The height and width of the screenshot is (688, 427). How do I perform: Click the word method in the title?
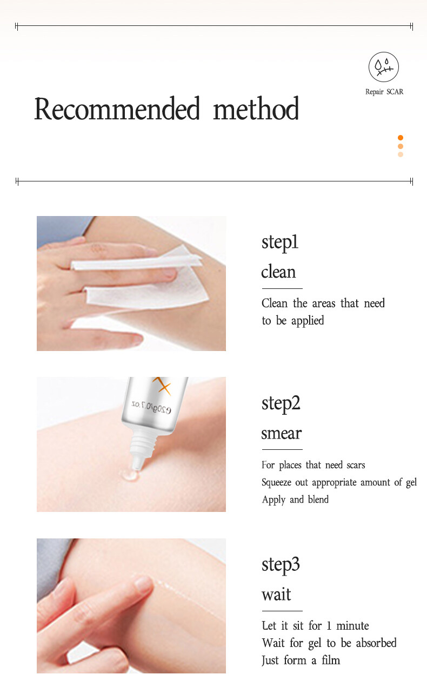(x=256, y=109)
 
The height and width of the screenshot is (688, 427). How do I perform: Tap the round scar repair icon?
(x=384, y=67)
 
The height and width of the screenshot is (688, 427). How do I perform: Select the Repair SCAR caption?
(x=384, y=92)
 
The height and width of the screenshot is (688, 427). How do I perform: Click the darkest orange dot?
(x=401, y=138)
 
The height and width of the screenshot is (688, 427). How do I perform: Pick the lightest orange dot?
(x=401, y=154)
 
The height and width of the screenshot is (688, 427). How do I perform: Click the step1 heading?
(x=279, y=242)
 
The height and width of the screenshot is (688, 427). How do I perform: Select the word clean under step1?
(x=278, y=272)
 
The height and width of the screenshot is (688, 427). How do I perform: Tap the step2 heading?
(x=281, y=403)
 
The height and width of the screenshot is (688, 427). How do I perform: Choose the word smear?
(x=281, y=433)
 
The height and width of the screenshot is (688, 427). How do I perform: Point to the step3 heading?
(x=281, y=564)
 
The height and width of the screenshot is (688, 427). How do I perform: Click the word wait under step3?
(x=276, y=595)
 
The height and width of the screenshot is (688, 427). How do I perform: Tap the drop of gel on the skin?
(x=129, y=476)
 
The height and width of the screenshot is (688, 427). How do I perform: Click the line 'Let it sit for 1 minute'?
(x=315, y=626)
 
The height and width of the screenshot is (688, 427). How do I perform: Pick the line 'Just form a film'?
(x=301, y=660)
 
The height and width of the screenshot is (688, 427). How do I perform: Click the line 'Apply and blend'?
(x=295, y=500)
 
